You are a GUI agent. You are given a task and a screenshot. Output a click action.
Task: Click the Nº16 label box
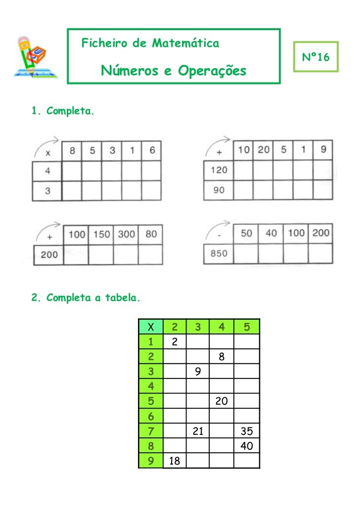[x=316, y=57]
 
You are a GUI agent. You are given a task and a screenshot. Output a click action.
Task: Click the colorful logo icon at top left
[x=34, y=57]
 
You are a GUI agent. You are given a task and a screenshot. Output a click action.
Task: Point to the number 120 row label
[x=219, y=170]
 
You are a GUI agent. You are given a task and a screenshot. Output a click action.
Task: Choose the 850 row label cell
[x=219, y=254]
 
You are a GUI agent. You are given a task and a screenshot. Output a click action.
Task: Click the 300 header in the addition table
[x=126, y=234]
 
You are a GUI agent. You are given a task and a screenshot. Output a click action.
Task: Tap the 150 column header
[x=101, y=234]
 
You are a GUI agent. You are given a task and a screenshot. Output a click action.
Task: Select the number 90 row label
[x=219, y=190]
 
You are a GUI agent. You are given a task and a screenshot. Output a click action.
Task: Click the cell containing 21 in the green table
[x=197, y=431]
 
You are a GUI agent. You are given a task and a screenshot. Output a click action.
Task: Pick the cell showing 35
[x=246, y=431]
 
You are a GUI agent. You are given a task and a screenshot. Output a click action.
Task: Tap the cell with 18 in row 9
[x=174, y=461]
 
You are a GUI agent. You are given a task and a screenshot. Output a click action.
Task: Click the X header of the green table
[x=151, y=326]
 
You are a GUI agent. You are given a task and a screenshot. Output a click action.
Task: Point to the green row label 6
[x=151, y=417]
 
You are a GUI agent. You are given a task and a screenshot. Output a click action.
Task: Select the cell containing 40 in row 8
[x=246, y=446]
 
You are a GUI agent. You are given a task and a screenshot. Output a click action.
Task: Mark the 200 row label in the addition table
[x=48, y=255]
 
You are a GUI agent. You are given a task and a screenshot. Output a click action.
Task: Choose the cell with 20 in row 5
[x=222, y=401]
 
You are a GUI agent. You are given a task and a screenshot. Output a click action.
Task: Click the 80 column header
[x=151, y=234]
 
